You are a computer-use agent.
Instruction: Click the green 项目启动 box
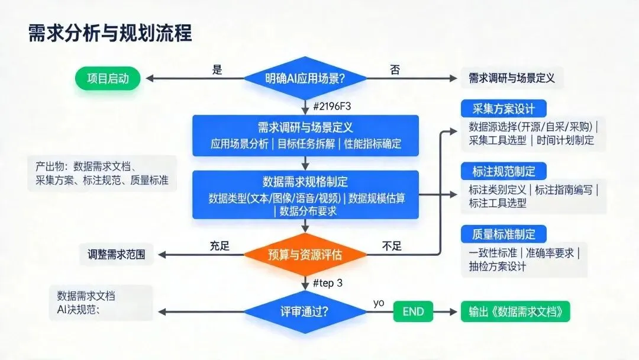(108, 78)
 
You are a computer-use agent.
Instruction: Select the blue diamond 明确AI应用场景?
(305, 78)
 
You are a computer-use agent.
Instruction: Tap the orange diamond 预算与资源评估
(305, 255)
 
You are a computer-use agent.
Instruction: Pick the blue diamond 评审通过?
(305, 312)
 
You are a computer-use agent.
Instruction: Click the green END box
(413, 312)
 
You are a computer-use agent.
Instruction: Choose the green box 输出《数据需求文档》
(515, 312)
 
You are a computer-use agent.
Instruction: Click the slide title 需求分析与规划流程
(110, 33)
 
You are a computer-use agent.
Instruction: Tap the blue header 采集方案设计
(504, 109)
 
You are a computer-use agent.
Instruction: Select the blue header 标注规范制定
(504, 172)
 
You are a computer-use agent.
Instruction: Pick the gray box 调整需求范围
(112, 255)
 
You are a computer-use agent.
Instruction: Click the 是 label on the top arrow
(217, 70)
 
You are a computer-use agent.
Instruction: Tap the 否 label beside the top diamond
(395, 70)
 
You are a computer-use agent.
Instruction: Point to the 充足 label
(220, 246)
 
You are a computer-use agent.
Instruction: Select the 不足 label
(392, 246)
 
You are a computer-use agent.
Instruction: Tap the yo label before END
(379, 303)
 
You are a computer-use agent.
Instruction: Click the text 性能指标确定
(372, 143)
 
